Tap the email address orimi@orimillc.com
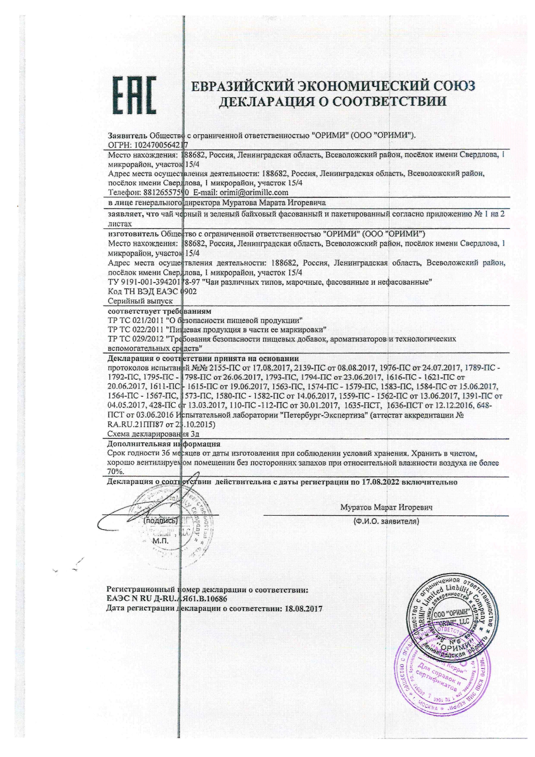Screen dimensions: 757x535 pyautogui.click(x=254, y=192)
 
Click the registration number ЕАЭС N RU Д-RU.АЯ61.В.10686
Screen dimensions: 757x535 pyautogui.click(x=167, y=599)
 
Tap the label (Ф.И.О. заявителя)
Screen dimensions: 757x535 pyautogui.click(x=386, y=521)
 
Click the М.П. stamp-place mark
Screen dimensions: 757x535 pyautogui.click(x=161, y=540)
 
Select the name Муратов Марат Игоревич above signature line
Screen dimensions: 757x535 pyautogui.click(x=386, y=507)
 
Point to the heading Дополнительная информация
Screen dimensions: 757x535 pyautogui.click(x=164, y=444)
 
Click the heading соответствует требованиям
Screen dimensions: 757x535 pyautogui.click(x=159, y=311)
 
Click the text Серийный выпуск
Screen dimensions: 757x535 pyautogui.click(x=140, y=301)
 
